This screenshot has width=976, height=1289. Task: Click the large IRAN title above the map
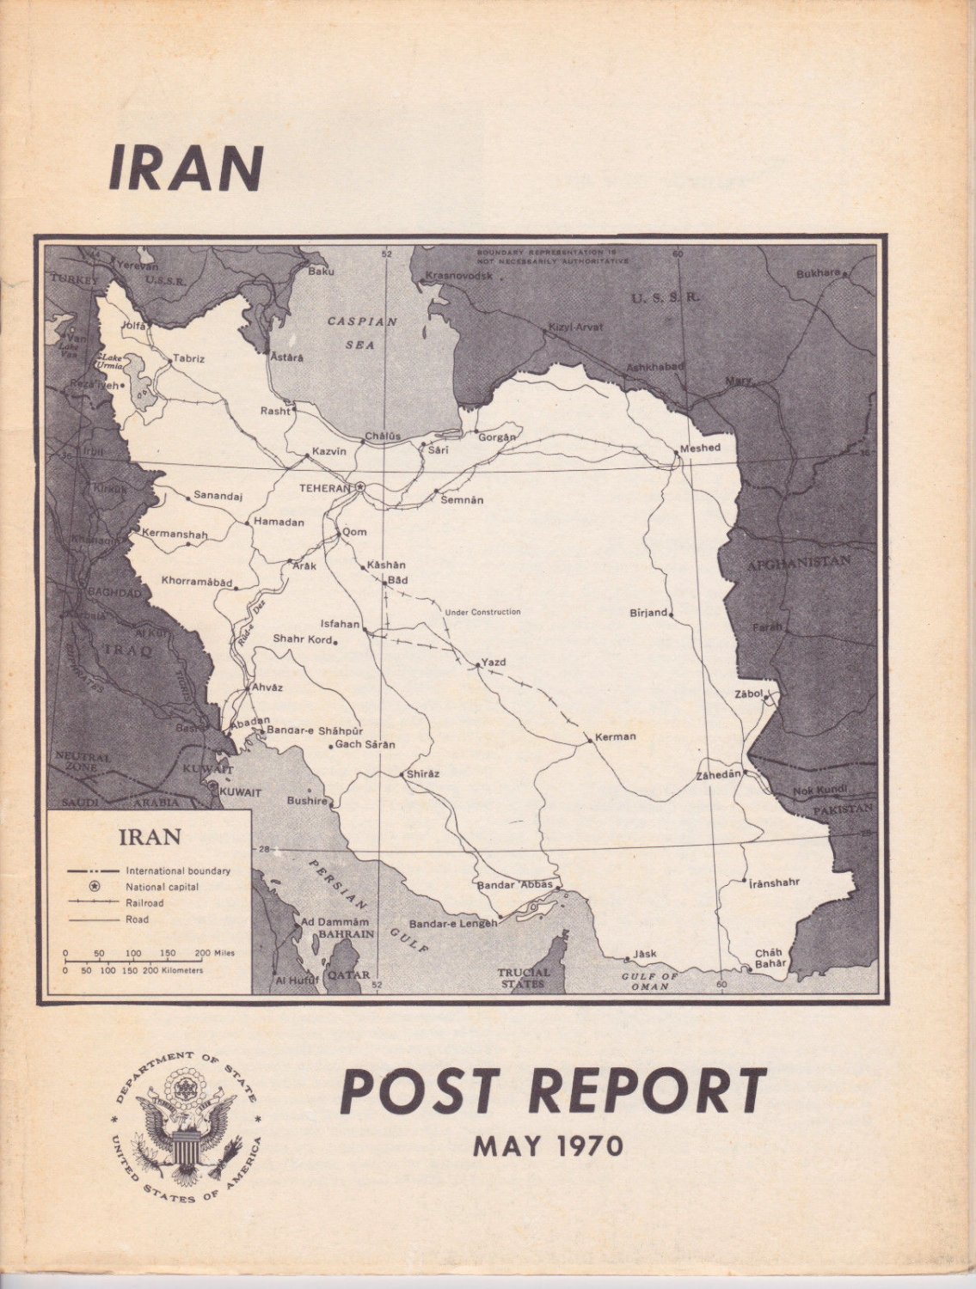[186, 168]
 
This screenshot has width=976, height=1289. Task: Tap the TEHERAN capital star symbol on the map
[360, 487]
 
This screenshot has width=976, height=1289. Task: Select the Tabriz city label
[189, 358]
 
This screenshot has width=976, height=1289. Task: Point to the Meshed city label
[700, 448]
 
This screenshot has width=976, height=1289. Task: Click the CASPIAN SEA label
[361, 333]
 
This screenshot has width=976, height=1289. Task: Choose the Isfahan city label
[340, 624]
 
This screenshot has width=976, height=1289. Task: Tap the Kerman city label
[616, 736]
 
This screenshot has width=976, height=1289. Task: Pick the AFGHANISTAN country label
[799, 563]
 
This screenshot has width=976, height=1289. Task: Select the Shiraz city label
[423, 773]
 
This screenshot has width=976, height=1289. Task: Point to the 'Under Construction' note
[482, 612]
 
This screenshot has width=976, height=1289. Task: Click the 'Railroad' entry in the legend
[144, 903]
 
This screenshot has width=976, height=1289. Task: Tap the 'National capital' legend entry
[162, 887]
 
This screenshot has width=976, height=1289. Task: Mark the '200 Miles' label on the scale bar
[215, 953]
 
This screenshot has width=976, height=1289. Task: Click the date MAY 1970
[548, 1145]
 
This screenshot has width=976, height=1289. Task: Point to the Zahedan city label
[718, 774]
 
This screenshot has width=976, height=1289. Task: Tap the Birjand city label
[648, 613]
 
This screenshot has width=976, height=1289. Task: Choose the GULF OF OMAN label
[651, 981]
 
